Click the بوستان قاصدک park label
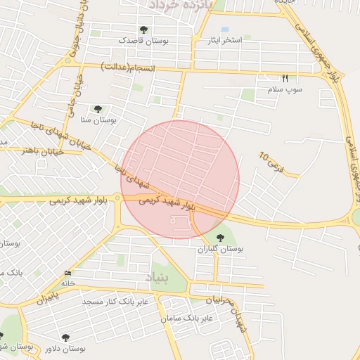tap(143, 41)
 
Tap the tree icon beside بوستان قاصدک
tap(144, 30)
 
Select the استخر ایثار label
tap(224, 40)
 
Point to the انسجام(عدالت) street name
tap(129, 66)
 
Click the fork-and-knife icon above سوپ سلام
tap(285, 78)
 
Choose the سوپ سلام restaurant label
tap(284, 89)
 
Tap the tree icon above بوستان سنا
tap(98, 109)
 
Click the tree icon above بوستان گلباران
tap(221, 238)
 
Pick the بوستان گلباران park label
tap(221, 249)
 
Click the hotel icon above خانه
tap(67, 273)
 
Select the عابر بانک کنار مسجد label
tap(115, 302)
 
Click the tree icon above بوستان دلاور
tap(65, 337)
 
